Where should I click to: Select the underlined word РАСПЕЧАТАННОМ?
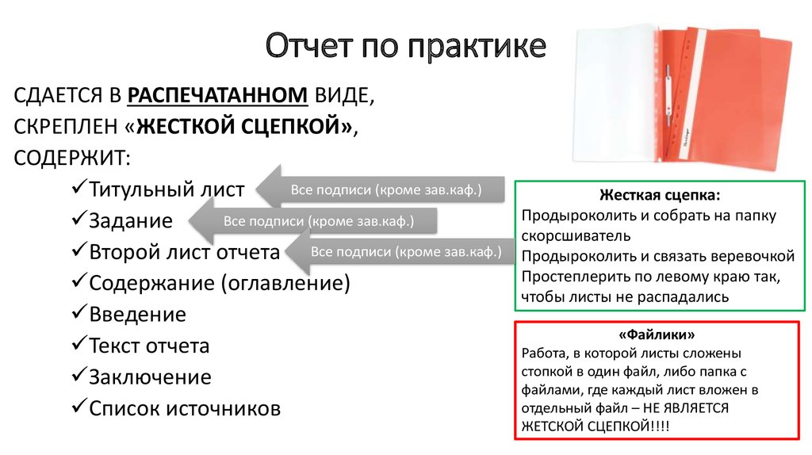pyautogui.click(x=217, y=96)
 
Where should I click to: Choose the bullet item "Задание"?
pyautogui.click(x=130, y=221)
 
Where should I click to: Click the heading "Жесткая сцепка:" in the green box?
pyautogui.click(x=661, y=195)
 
